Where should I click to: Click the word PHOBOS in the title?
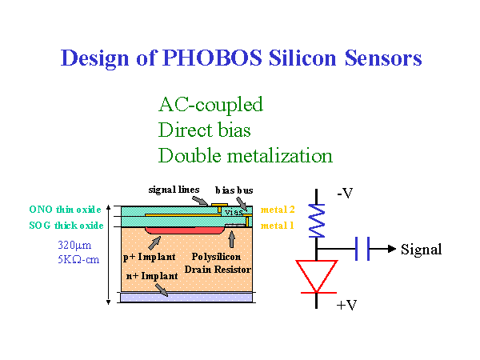pyautogui.click(x=212, y=58)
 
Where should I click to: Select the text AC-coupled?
pyautogui.click(x=210, y=105)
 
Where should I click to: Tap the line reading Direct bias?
pyautogui.click(x=205, y=130)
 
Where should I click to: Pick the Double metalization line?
pyautogui.click(x=246, y=155)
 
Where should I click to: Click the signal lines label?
pyautogui.click(x=174, y=190)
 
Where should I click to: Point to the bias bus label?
pyautogui.click(x=234, y=190)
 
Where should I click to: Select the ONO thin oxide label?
pyautogui.click(x=65, y=210)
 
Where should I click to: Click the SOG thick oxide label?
pyautogui.click(x=66, y=226)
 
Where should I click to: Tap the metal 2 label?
pyautogui.click(x=278, y=210)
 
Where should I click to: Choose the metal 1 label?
pyautogui.click(x=277, y=226)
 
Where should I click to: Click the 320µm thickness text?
pyautogui.click(x=74, y=246)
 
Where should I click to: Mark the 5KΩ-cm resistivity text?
pyautogui.click(x=78, y=259)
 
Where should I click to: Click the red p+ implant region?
pyautogui.click(x=186, y=230)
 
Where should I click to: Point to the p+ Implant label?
pyautogui.click(x=150, y=257)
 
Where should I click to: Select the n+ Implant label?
pyautogui.click(x=152, y=276)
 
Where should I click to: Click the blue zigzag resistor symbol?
pyautogui.click(x=317, y=221)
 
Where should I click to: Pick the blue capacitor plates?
pyautogui.click(x=362, y=249)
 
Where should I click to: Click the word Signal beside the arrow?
pyautogui.click(x=422, y=250)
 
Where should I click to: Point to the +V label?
pyautogui.click(x=346, y=306)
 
